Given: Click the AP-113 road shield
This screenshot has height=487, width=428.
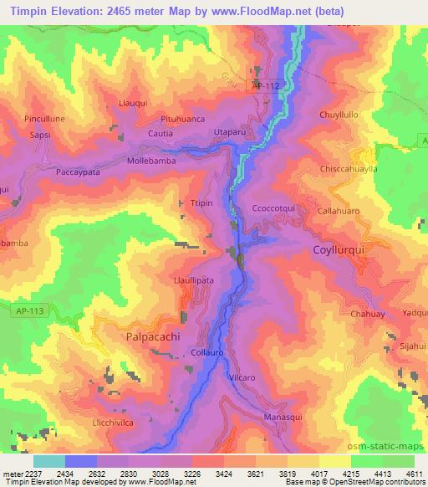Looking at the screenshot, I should (x=28, y=310).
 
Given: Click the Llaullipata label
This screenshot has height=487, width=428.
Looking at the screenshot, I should (x=194, y=280).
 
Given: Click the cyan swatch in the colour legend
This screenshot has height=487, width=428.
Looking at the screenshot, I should (x=49, y=461).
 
